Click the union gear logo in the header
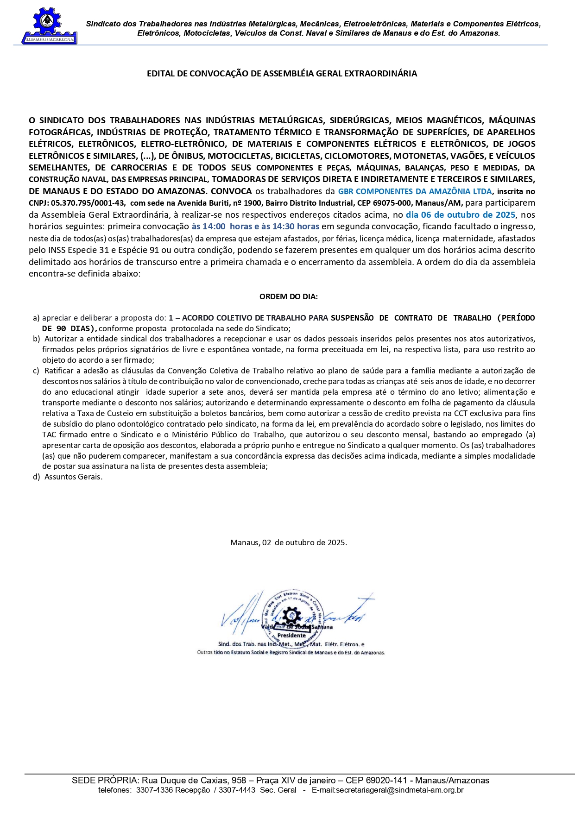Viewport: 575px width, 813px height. (49, 25)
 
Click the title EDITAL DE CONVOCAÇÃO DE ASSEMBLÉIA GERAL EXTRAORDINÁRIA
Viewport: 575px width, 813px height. (282, 74)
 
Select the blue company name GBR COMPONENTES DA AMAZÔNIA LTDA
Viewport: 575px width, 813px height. (415, 191)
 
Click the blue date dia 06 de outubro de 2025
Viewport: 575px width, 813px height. (460, 215)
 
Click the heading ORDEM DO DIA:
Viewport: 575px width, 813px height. (288, 297)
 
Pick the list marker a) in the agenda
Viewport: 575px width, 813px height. (36, 318)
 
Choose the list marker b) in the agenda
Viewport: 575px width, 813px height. (36, 339)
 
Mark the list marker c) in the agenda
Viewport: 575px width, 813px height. (36, 371)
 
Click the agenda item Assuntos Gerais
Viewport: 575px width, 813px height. (73, 477)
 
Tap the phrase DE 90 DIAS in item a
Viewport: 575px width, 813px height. (69, 328)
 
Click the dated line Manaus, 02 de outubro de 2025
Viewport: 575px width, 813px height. (288, 542)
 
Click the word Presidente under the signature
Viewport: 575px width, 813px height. (291, 636)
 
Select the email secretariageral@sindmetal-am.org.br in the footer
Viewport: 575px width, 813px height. (387, 790)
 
